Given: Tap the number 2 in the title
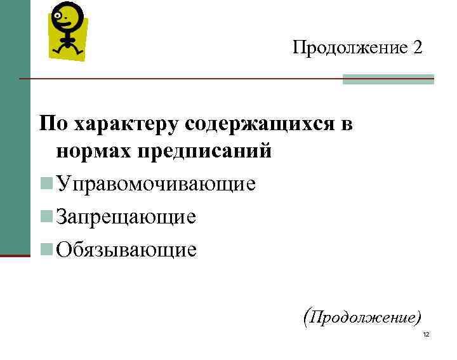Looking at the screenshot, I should (x=417, y=48).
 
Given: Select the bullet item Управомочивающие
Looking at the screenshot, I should (x=156, y=184).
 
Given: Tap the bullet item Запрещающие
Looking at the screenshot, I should (x=126, y=217).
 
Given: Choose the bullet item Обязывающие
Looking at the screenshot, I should (x=126, y=250).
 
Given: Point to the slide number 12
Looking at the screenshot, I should (x=426, y=335).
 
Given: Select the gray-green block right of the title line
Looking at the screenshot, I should (x=388, y=79).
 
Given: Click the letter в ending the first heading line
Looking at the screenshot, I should (x=347, y=124).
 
